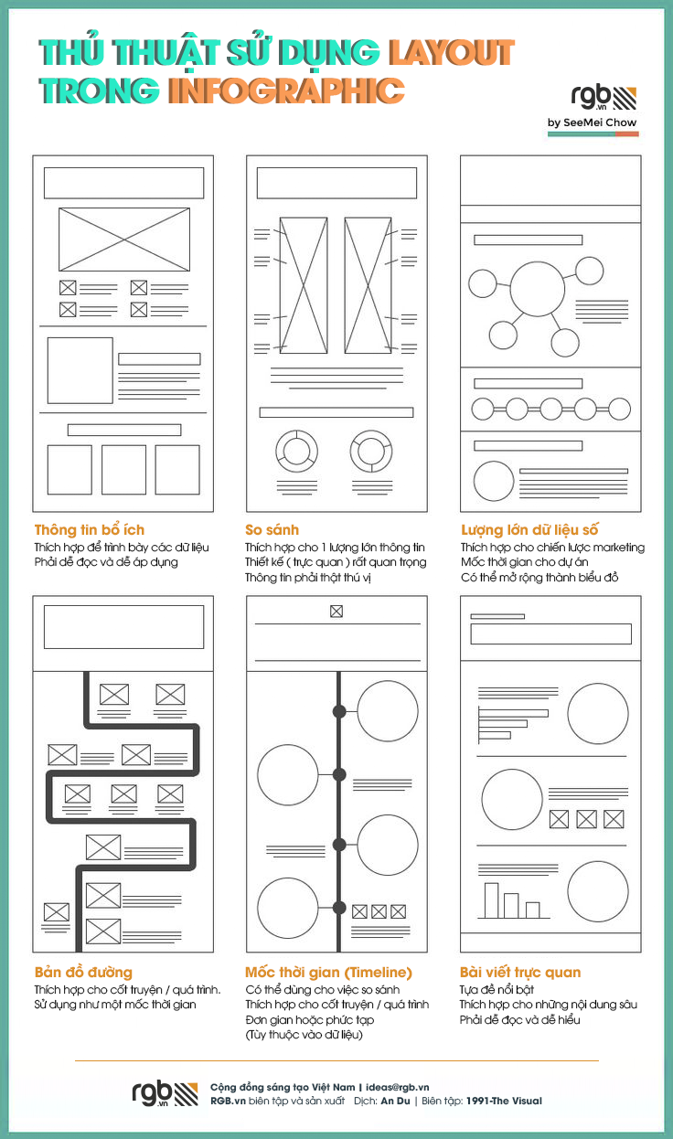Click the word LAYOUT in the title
tap(452, 53)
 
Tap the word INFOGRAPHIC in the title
tap(286, 90)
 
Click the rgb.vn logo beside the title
tap(604, 98)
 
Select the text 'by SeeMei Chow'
tap(593, 122)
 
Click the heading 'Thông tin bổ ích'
tap(90, 530)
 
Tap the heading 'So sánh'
tap(272, 530)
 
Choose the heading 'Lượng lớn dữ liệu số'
tap(529, 530)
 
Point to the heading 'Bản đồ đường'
tap(83, 973)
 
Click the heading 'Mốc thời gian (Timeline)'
tap(328, 973)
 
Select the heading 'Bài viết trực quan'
tap(520, 973)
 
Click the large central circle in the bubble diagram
tap(538, 289)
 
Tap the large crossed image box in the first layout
tap(124, 239)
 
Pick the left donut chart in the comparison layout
tap(296, 451)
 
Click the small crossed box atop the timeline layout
tap(336, 612)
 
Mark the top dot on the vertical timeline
tap(339, 711)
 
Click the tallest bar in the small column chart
tap(491, 900)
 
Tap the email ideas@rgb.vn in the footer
tap(397, 1087)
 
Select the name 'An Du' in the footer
tap(395, 1101)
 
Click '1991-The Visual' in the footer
tap(504, 1101)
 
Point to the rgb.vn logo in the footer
tap(165, 1093)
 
